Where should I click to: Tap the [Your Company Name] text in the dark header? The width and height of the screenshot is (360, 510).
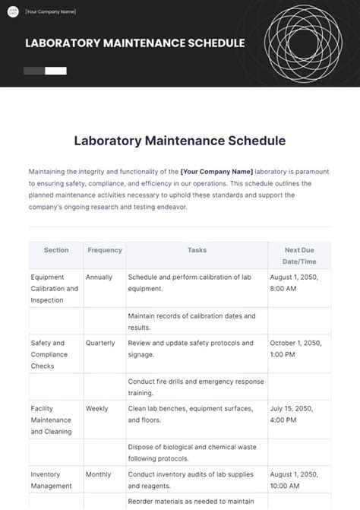coord(50,12)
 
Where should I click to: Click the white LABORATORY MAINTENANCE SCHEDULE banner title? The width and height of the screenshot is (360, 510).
coord(134,43)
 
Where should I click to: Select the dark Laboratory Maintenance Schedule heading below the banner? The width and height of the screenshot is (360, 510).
coord(179,141)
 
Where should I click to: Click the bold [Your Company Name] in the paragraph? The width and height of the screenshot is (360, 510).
coord(216,172)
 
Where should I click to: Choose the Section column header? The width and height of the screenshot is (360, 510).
coord(56,250)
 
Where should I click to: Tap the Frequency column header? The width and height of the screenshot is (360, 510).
coord(105,250)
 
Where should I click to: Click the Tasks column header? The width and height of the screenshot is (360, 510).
coord(197,250)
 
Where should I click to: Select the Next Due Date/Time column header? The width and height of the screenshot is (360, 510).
coord(299,255)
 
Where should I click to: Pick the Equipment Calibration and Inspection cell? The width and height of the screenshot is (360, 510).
coord(55,289)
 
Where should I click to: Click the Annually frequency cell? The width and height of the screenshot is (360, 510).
coord(99,277)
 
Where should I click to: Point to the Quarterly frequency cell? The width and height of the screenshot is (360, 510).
coord(100,343)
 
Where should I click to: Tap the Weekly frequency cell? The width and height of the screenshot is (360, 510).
coord(97,408)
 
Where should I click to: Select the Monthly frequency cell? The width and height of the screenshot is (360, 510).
coord(99,474)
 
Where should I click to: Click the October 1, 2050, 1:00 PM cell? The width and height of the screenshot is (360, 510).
coord(296,349)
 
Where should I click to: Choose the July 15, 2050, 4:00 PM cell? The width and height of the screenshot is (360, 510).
coord(294,414)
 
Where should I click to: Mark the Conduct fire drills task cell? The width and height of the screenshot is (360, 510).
coord(196,387)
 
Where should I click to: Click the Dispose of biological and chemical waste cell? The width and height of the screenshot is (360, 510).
coord(196,452)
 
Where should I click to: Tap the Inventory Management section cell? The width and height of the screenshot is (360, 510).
coord(52,480)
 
